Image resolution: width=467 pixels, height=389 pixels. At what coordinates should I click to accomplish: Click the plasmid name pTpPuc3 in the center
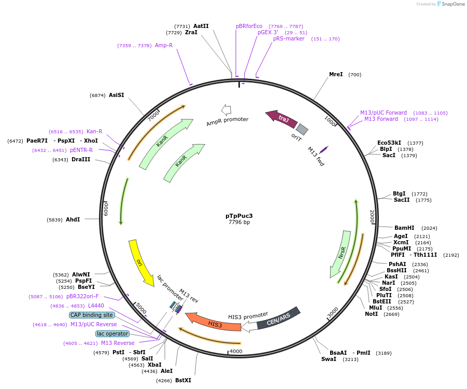coord(239,215)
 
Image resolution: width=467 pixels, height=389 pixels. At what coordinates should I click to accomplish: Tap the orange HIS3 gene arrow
coord(213,322)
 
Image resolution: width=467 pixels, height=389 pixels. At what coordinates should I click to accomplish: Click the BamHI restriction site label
coord(404,228)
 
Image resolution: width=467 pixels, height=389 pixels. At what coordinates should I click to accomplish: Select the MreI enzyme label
coord(336,75)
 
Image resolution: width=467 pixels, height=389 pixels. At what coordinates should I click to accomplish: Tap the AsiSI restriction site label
coord(116,95)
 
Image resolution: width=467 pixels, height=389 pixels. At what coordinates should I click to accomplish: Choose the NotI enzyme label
coord(371,314)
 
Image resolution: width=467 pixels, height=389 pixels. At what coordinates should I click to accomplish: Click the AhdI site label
coord(73,219)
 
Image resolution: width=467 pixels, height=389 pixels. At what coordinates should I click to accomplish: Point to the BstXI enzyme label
coord(183,380)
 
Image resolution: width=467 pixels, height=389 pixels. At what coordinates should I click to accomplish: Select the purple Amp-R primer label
coord(164,46)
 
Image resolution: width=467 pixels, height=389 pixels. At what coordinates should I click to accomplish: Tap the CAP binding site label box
coord(92,315)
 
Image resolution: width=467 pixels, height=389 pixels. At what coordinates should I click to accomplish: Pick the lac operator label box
coord(112,334)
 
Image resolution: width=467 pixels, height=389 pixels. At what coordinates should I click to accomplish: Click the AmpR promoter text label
coord(227,122)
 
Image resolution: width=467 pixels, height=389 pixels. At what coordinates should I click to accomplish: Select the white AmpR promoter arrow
coord(226,109)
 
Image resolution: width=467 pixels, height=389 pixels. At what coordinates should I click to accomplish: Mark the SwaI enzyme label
coord(329,359)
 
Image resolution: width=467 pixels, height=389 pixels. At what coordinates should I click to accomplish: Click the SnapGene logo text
coord(451,4)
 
